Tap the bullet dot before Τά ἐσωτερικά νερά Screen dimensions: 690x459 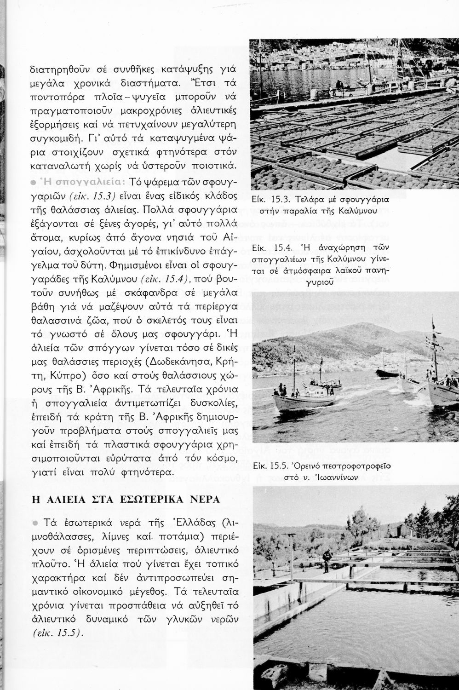[x=35, y=523]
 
